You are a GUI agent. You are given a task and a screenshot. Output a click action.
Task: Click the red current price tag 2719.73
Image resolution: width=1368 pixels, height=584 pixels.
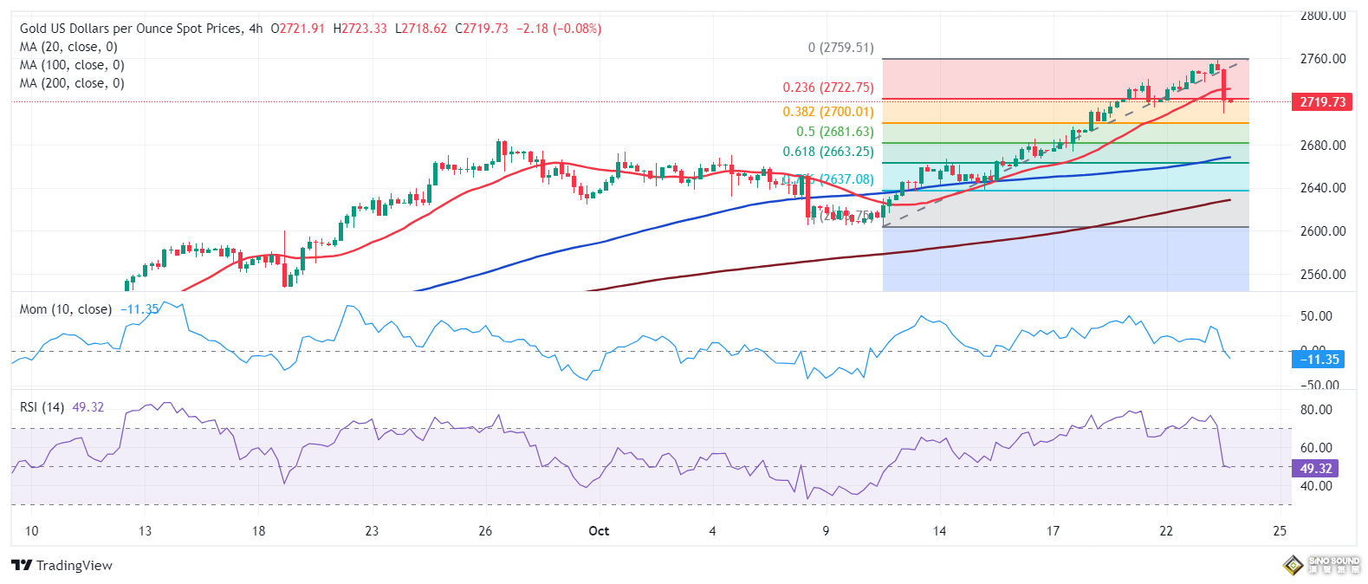coord(1322,102)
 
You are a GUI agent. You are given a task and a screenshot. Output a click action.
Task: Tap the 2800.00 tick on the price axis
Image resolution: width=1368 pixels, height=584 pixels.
coord(1322,16)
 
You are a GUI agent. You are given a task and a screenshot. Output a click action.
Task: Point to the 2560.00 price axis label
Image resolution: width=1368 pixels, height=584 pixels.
coord(1322,275)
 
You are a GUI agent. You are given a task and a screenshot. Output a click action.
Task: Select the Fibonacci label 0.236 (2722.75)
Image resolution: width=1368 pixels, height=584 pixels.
coord(827,88)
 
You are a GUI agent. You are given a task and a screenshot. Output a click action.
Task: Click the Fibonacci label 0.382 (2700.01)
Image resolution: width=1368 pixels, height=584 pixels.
coord(827,112)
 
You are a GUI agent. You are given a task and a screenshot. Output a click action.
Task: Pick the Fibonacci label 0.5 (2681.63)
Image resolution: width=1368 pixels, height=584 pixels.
coord(834,132)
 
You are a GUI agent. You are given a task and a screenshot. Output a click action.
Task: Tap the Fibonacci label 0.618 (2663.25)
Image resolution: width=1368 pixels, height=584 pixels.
coord(827,152)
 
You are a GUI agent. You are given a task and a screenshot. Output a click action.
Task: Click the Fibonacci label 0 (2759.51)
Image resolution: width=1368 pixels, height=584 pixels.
coord(840,48)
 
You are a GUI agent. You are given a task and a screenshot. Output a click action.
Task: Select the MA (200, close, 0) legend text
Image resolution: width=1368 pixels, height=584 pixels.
coord(72,83)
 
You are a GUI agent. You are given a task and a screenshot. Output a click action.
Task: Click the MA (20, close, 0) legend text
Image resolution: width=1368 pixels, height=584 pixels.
coord(68,47)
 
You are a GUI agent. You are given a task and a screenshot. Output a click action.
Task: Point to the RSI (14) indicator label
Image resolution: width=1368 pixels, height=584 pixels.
coord(42,407)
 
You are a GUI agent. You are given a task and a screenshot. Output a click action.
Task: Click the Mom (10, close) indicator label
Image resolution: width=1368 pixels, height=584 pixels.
coord(66,309)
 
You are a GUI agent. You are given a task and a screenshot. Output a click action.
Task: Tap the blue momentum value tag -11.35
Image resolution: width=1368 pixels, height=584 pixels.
coord(1318,359)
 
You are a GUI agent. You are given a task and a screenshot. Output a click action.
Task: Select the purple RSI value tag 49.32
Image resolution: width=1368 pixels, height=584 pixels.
coord(1315,468)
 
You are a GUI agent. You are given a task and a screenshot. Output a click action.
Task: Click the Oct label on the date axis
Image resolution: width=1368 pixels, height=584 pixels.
coord(599,531)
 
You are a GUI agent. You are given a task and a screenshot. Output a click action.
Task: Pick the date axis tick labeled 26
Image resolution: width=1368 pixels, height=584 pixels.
coord(485,531)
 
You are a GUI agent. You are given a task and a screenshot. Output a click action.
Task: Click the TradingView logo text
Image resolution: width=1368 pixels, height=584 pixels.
coord(62,566)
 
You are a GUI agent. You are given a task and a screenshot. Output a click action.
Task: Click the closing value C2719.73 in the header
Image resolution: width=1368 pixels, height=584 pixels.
coord(481,29)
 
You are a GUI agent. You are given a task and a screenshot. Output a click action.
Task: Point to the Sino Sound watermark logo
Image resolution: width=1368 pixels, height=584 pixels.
coord(1321,566)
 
